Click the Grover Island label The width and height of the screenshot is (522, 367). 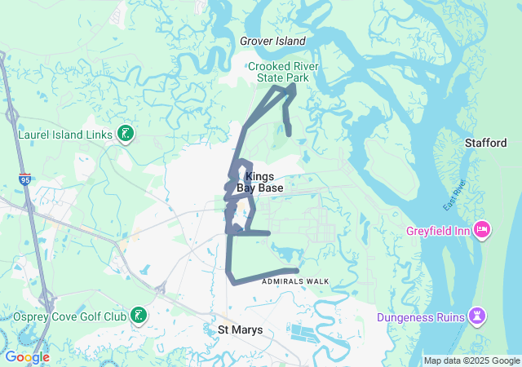point(272,41)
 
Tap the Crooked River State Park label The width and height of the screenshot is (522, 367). point(283,72)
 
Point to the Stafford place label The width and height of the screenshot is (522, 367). point(486,143)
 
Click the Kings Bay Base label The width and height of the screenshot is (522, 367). point(259,182)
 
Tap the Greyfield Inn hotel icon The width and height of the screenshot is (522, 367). point(481,230)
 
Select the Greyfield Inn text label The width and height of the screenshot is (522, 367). point(438,231)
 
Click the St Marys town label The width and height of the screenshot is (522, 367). point(237,329)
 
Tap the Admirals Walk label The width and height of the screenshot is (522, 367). point(295,281)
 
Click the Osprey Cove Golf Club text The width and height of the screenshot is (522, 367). point(69,316)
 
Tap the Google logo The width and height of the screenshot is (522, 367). point(27,357)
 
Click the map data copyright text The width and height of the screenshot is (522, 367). point(471,360)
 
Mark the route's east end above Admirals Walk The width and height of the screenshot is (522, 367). point(297,271)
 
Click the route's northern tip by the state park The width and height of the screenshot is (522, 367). point(293,86)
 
